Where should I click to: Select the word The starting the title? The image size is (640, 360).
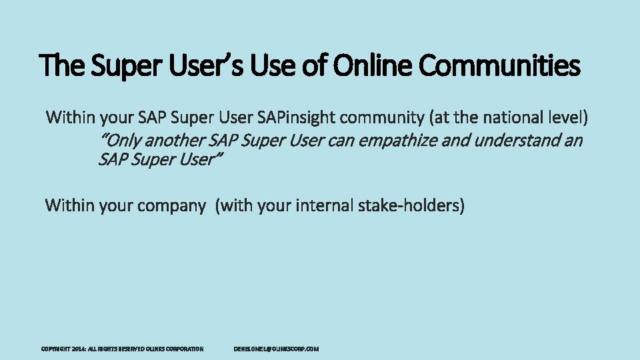point(62,65)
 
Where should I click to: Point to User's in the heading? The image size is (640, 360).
point(204,65)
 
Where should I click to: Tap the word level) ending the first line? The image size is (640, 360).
point(566,118)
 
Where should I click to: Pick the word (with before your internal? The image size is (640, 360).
point(233,205)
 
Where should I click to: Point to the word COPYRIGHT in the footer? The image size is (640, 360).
point(56,349)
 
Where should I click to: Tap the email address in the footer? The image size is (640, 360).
point(276,349)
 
